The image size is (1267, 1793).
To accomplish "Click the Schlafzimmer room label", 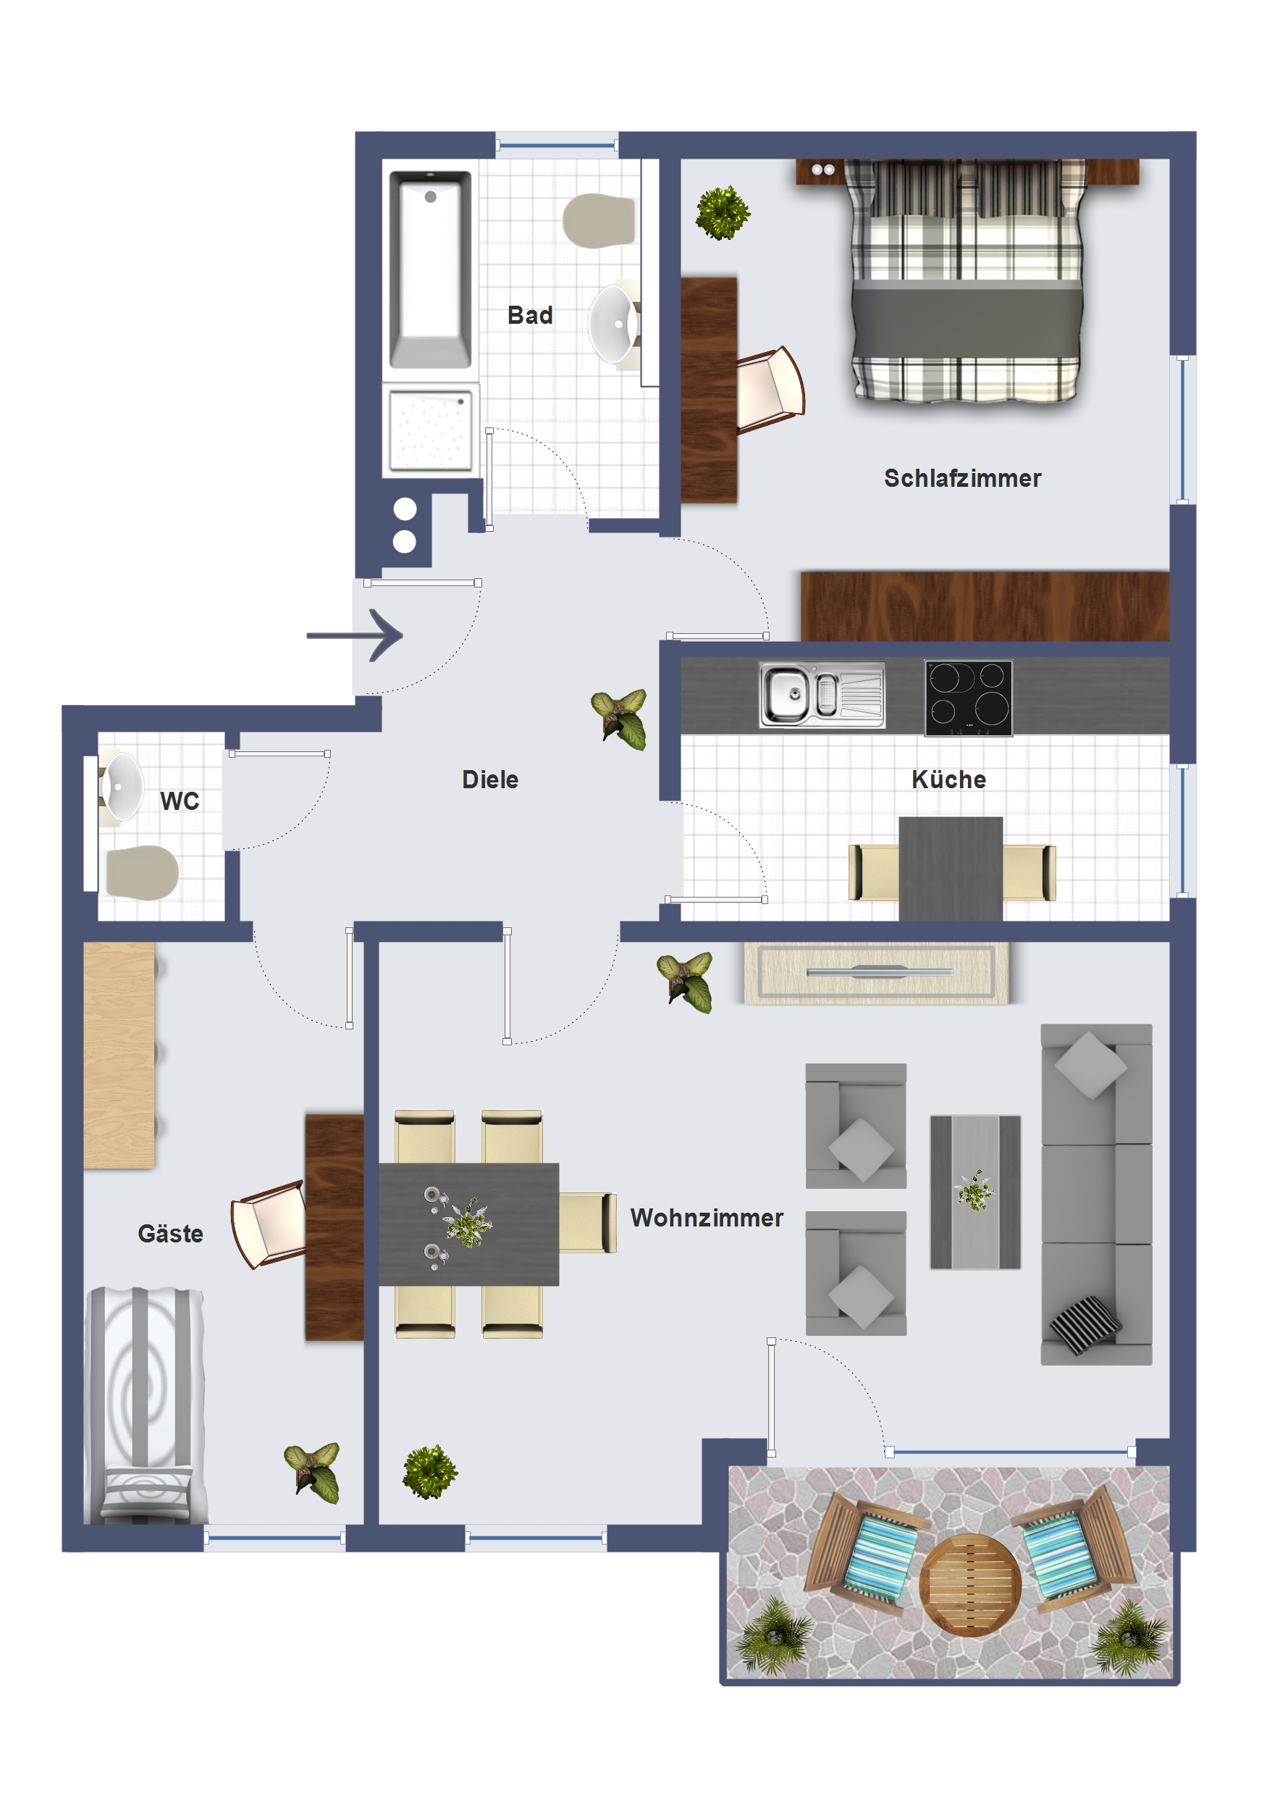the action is click(961, 478).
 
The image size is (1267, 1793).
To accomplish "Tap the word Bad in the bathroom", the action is click(530, 314).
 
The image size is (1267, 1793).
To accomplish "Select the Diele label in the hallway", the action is click(490, 779).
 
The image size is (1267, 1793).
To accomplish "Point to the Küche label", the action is click(948, 779).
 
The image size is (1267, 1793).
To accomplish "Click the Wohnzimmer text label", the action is click(707, 1218).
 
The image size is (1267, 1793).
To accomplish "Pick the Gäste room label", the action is click(170, 1233).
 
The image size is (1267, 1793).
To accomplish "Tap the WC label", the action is click(180, 801).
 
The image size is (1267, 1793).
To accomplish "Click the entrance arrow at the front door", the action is click(355, 635).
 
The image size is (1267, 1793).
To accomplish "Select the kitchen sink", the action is click(822, 694).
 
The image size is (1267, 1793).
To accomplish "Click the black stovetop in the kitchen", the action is click(968, 698).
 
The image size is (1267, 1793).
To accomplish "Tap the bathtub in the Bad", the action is click(430, 269).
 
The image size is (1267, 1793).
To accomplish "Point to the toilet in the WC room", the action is click(142, 872).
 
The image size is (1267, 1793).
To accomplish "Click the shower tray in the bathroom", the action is click(430, 430).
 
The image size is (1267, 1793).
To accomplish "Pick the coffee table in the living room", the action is click(975, 1192).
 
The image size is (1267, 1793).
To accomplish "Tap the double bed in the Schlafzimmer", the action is click(967, 281).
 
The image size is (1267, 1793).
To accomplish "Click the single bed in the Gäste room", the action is click(146, 1405).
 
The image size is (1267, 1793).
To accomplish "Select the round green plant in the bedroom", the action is click(723, 212).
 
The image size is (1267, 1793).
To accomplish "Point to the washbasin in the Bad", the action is click(614, 324).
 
